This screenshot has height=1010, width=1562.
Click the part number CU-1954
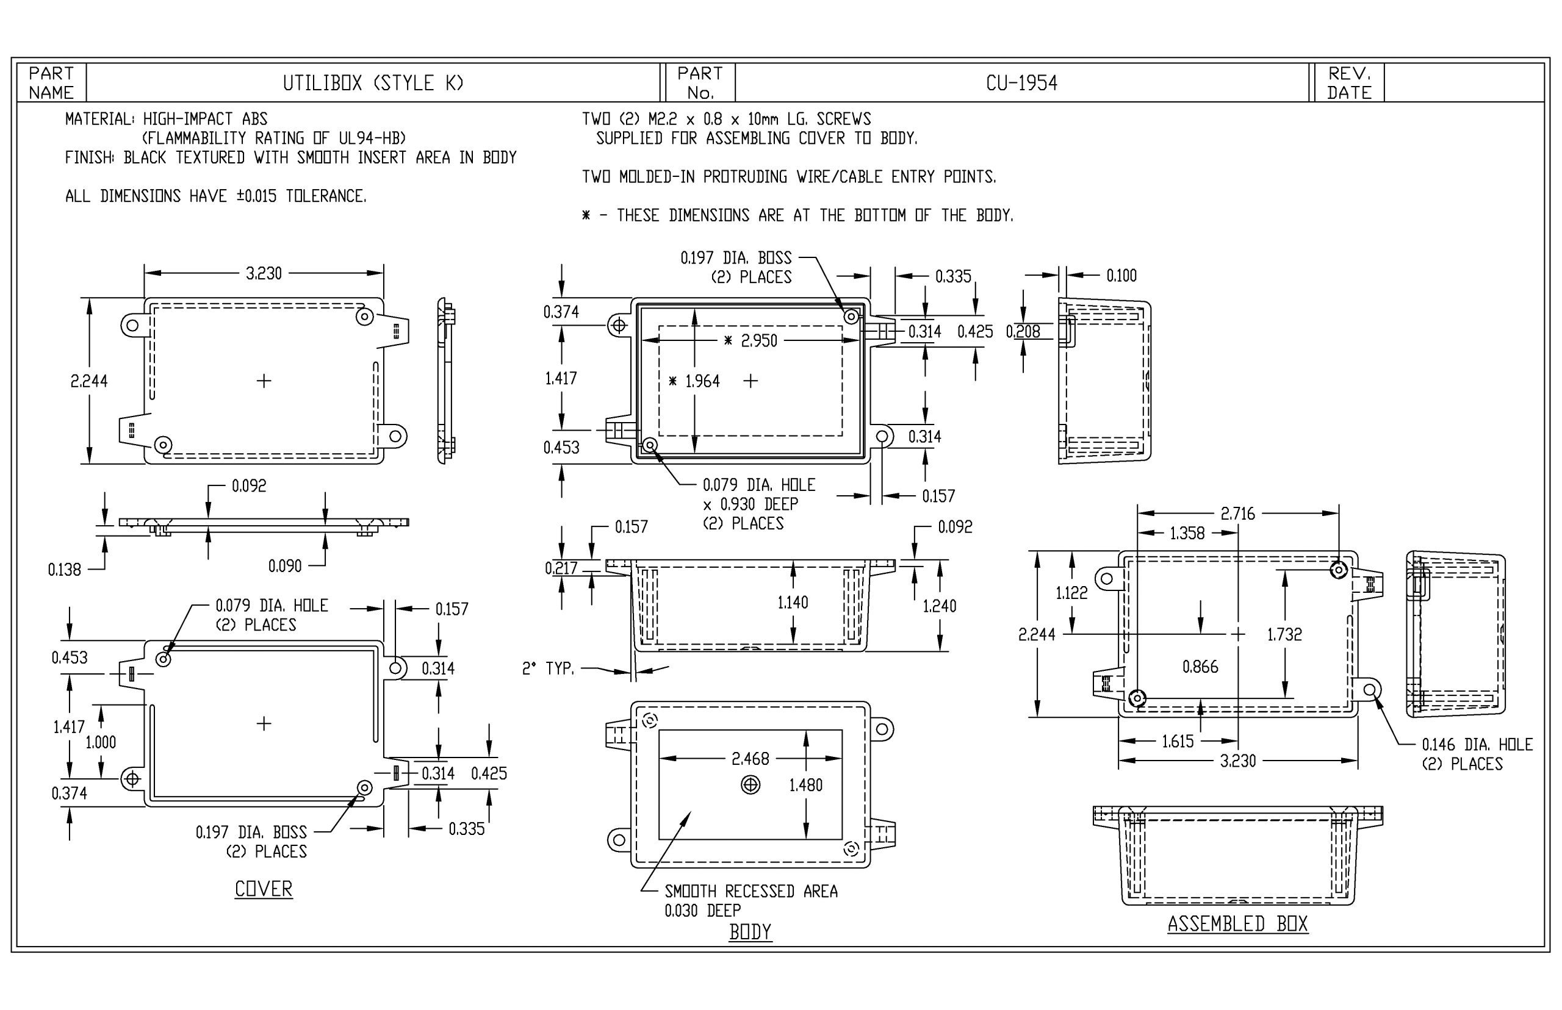pyautogui.click(x=1021, y=84)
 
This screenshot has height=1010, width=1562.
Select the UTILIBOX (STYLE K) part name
pyautogui.click(x=373, y=84)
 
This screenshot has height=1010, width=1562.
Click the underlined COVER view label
pyautogui.click(x=263, y=889)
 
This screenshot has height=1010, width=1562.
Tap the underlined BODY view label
pyautogui.click(x=750, y=932)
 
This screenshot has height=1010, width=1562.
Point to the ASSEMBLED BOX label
pyautogui.click(x=1237, y=923)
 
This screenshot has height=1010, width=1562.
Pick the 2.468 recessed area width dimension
pyautogui.click(x=750, y=759)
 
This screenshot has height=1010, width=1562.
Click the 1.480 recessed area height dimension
pyautogui.click(x=805, y=785)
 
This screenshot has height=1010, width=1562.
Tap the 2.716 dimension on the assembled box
pyautogui.click(x=1237, y=514)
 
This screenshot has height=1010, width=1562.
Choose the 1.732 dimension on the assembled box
pyautogui.click(x=1284, y=634)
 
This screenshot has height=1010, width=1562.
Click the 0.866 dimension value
pyautogui.click(x=1200, y=667)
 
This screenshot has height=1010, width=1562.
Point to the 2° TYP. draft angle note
pyautogui.click(x=548, y=669)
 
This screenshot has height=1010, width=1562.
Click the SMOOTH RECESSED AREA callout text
pyautogui.click(x=750, y=891)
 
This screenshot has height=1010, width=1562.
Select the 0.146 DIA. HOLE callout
pyautogui.click(x=1476, y=745)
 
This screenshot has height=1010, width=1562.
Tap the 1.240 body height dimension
pyautogui.click(x=939, y=606)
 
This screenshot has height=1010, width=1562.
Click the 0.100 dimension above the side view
pyautogui.click(x=1121, y=276)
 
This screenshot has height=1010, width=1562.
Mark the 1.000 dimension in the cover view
pyautogui.click(x=101, y=742)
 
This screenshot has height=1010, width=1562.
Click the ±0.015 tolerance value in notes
pyautogui.click(x=256, y=196)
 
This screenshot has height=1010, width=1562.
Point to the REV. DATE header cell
pyautogui.click(x=1349, y=84)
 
